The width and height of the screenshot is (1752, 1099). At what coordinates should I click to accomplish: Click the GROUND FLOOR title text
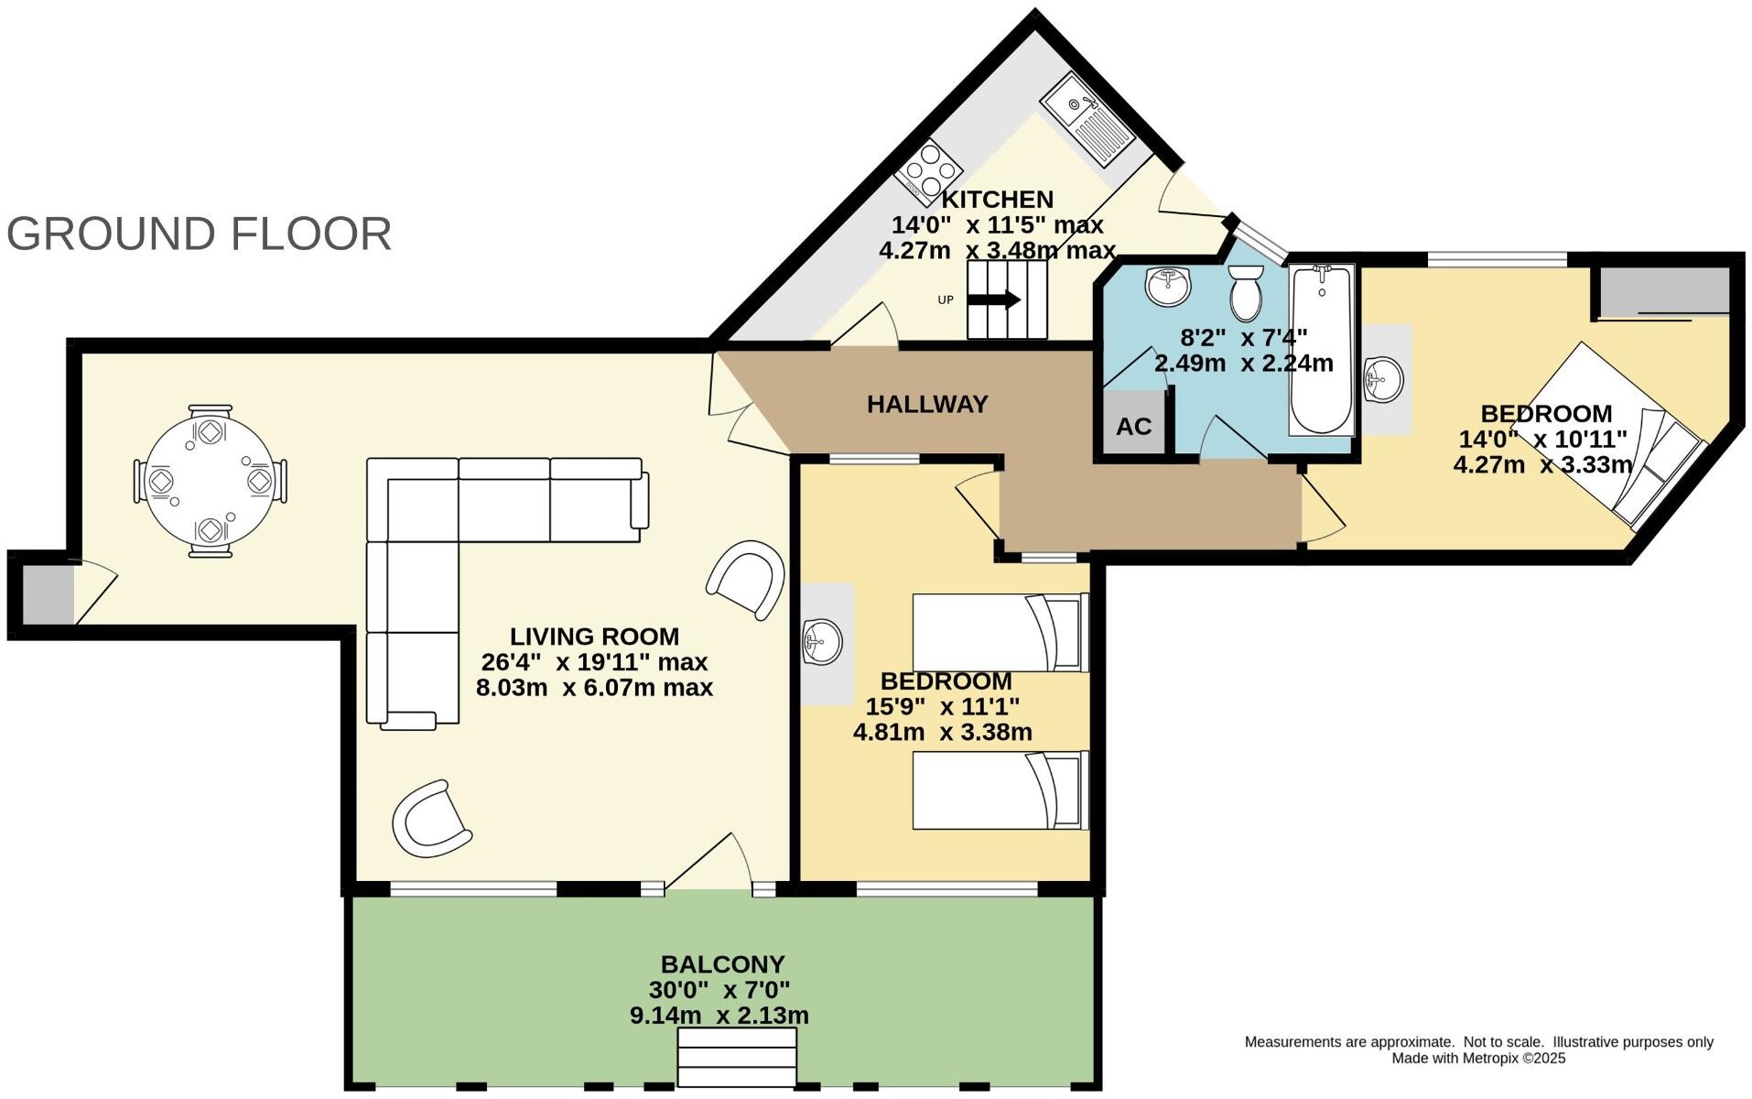coord(199,234)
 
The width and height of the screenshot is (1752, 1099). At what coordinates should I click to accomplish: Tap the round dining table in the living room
coord(210,481)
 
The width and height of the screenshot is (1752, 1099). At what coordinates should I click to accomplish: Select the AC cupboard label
coord(1133,426)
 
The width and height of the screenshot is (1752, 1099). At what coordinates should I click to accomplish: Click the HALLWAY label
coord(927,404)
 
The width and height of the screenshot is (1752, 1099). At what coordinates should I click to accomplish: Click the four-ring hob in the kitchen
coord(928,170)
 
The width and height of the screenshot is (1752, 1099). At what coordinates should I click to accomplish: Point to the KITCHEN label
coord(998,200)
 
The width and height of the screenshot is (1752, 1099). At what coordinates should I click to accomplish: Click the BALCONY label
coord(722,964)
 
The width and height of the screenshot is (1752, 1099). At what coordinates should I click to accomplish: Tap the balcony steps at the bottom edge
coord(737,1057)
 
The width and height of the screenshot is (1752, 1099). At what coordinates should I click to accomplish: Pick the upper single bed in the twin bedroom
coord(1000,633)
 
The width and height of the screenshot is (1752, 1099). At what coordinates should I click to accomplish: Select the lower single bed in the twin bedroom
coord(1000,790)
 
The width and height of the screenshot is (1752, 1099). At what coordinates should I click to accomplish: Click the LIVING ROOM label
coord(594,637)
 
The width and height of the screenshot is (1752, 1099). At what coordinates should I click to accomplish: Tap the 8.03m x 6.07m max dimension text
coord(594,688)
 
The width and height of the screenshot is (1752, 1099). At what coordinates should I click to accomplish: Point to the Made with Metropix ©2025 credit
coord(1478,1059)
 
